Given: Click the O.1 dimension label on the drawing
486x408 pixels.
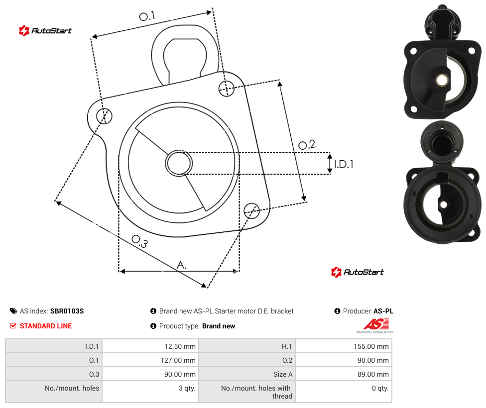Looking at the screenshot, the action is [x=147, y=16].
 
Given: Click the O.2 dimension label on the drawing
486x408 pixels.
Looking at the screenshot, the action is [x=307, y=145].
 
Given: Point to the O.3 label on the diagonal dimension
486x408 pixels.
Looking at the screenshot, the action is [x=140, y=241].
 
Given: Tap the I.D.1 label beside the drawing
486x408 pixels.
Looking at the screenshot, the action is [x=344, y=164].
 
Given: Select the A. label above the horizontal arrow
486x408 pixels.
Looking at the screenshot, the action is [x=182, y=265].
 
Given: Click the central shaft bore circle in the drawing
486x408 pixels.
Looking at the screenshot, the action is [x=179, y=163].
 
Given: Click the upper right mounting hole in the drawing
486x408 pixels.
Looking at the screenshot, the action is [x=227, y=88].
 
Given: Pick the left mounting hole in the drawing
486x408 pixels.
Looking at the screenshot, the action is [x=104, y=116].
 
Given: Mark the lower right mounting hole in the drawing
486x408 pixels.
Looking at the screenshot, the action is [x=251, y=210].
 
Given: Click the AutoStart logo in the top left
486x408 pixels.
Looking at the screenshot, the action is [x=45, y=31].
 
